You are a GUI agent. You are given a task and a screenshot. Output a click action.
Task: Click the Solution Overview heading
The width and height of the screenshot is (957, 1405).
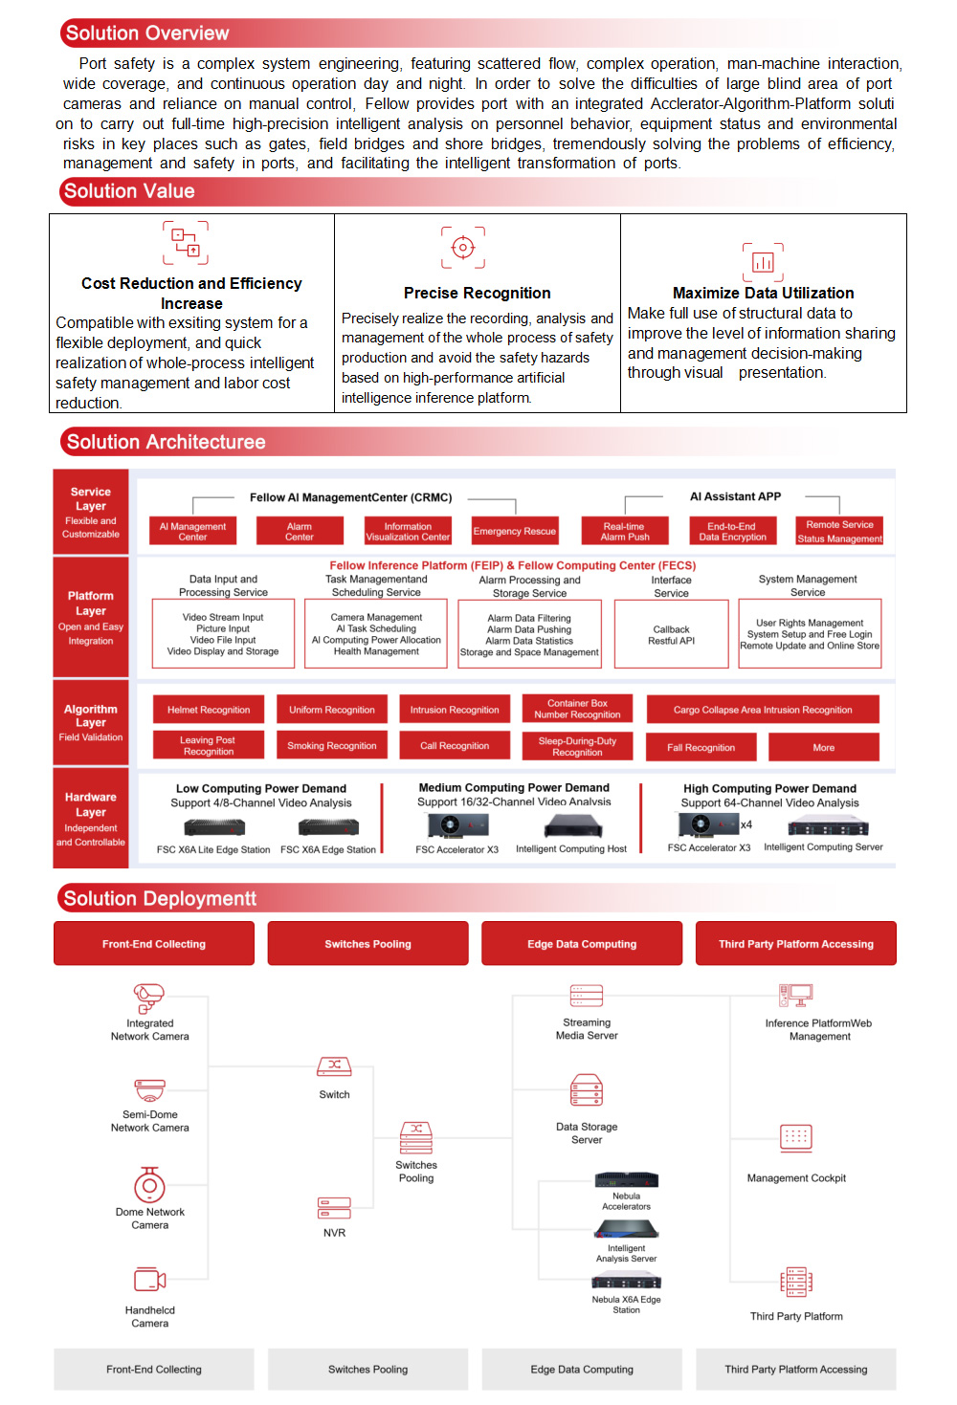(x=147, y=33)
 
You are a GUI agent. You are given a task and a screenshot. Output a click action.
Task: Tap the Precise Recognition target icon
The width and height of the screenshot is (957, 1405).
(x=463, y=248)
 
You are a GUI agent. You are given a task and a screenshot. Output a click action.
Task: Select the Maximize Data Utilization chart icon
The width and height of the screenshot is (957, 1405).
(x=763, y=261)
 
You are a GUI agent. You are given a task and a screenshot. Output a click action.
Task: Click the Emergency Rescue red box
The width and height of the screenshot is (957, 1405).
(x=514, y=532)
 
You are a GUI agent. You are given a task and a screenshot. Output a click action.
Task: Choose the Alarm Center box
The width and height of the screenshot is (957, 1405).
(x=300, y=532)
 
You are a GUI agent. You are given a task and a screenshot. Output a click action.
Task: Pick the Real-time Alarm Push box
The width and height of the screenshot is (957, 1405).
(x=625, y=532)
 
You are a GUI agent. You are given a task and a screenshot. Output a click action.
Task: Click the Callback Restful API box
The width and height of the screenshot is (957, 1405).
(x=671, y=635)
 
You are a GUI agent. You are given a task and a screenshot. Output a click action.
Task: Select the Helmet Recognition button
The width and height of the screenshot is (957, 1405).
(x=209, y=710)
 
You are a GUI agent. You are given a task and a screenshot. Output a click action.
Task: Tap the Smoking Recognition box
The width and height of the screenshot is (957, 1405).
(x=332, y=746)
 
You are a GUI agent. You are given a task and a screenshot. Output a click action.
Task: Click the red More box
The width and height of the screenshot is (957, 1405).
(x=824, y=747)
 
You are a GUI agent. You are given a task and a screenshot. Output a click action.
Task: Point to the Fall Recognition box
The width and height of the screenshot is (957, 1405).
(x=701, y=747)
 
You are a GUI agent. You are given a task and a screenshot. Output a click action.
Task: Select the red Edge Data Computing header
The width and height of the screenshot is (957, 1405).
(x=582, y=944)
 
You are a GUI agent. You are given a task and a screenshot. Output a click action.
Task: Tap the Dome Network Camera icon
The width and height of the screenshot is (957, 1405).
(x=149, y=1186)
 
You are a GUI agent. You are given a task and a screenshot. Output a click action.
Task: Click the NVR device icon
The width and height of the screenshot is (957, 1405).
(x=334, y=1208)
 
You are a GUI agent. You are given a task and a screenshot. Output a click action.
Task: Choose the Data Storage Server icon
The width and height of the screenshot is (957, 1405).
(x=587, y=1090)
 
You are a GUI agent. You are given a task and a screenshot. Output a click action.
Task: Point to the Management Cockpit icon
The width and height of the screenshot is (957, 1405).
(x=796, y=1138)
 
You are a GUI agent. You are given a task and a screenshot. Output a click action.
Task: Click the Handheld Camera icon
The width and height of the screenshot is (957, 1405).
(x=150, y=1280)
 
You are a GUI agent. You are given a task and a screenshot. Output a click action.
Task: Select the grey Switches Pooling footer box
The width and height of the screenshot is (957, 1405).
(x=367, y=1370)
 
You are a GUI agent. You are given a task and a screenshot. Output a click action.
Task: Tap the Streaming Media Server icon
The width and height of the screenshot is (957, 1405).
(x=587, y=996)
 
